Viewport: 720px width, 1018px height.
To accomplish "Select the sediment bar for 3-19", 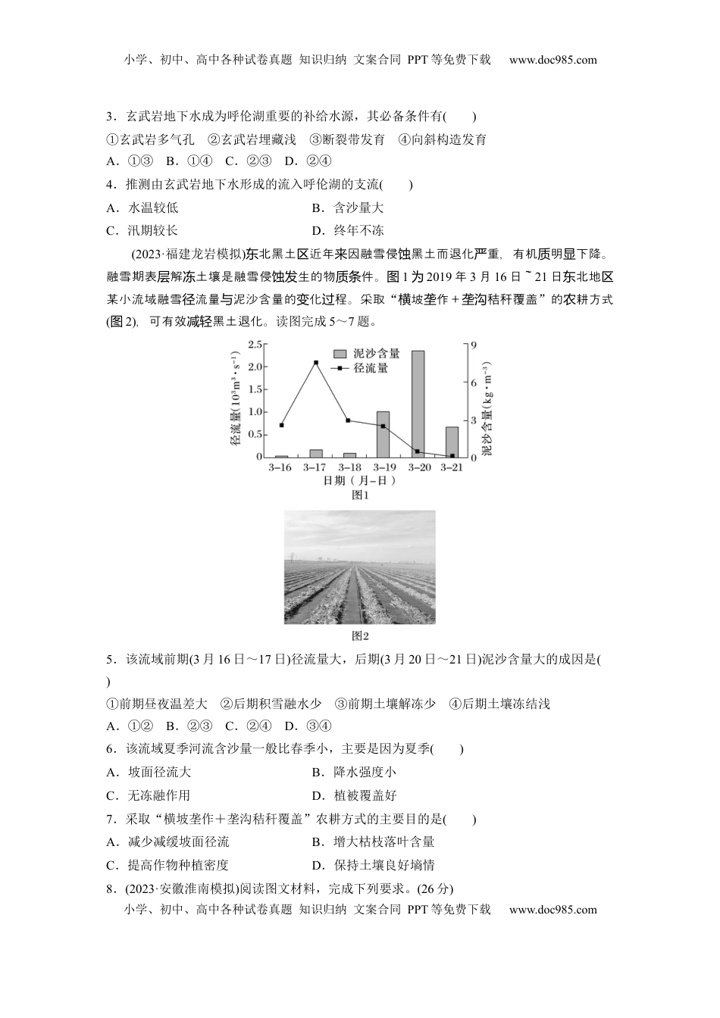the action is click(383, 435).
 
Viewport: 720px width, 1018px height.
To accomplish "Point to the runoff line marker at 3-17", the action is click(315, 363).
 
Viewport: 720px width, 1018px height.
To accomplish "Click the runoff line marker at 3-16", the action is click(281, 426).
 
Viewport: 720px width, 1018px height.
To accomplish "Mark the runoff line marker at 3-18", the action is click(348, 420).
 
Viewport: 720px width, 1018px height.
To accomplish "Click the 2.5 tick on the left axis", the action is click(255, 345).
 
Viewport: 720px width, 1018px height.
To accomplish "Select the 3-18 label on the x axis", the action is click(349, 467).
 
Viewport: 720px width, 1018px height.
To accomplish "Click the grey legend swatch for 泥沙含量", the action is click(340, 354).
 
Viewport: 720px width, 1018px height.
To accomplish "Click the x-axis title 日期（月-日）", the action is click(360, 480).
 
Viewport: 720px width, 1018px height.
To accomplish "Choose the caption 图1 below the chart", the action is click(360, 495).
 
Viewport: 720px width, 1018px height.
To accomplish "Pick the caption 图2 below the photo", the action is click(360, 636).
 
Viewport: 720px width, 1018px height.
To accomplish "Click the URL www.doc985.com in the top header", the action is click(553, 60).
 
